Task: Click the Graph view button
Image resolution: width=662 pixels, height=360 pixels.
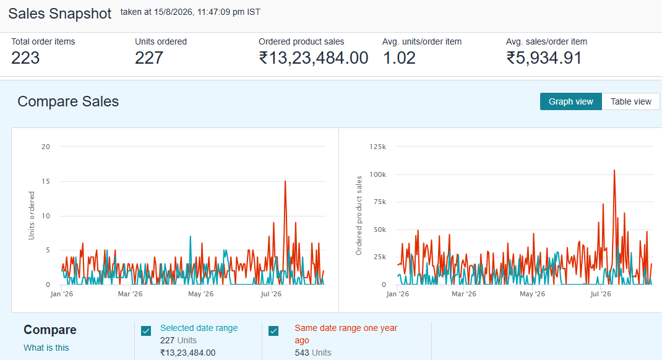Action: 571,101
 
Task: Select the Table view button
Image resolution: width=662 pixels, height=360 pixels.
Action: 631,101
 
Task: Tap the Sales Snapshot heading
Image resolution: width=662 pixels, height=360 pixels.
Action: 60,14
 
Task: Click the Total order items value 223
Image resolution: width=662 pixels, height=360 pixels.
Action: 25,58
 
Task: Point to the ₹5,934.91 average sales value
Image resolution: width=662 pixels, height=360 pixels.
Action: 544,58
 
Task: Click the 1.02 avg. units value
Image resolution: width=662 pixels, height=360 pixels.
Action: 399,58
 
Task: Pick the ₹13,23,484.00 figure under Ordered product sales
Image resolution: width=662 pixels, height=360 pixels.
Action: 313,58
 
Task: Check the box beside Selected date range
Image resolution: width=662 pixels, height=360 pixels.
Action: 146,331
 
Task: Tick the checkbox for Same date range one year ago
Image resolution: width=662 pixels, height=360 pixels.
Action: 273,331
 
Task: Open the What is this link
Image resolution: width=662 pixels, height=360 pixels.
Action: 46,348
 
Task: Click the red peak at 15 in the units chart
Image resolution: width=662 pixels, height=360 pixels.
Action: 285,181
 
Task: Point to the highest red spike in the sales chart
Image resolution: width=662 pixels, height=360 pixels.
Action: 614,170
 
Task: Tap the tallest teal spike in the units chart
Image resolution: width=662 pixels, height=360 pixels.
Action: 191,236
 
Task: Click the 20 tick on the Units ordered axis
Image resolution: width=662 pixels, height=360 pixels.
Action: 46,147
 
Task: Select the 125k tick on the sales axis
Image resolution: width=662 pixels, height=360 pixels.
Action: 378,147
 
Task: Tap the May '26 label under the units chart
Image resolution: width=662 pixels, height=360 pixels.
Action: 200,294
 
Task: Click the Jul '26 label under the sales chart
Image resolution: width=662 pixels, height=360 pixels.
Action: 600,294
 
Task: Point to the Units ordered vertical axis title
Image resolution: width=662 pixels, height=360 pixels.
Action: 31,216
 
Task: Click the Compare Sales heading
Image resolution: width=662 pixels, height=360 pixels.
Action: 68,101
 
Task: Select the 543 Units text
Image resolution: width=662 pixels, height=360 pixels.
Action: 313,353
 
